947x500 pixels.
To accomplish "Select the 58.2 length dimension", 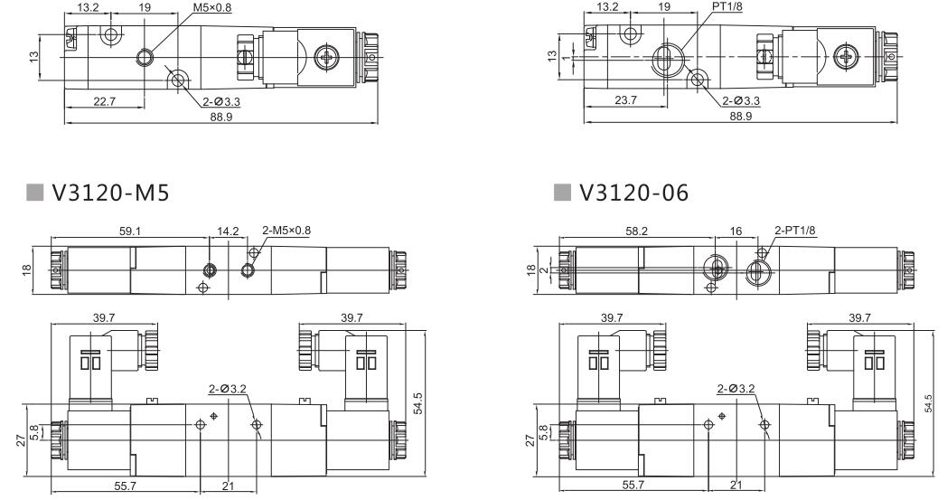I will [636, 231].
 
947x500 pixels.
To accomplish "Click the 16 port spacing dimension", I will [736, 231].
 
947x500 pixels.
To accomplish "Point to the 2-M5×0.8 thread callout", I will [286, 231].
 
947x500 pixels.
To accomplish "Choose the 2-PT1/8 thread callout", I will [795, 231].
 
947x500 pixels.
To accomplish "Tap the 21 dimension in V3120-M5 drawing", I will [229, 486].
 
